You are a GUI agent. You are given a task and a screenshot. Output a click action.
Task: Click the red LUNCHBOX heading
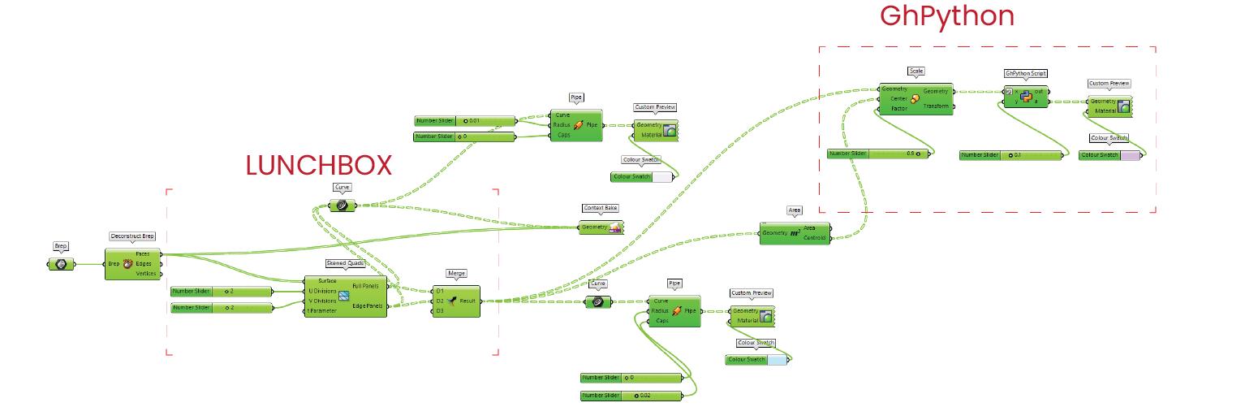coord(318,165)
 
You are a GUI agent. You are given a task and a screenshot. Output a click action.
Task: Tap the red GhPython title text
coord(947,15)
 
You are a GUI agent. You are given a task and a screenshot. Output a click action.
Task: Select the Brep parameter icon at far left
coord(60,264)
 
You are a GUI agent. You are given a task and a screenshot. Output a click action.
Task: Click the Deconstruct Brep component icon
coord(127,264)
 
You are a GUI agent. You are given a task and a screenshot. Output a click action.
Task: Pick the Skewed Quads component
coord(344,296)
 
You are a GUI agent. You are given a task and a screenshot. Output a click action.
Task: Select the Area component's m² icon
coord(795,233)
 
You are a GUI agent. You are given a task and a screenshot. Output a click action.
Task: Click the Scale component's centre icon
coord(915,99)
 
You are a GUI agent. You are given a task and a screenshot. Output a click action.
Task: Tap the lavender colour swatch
coord(1130,155)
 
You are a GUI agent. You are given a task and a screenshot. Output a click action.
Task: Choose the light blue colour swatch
coord(777,359)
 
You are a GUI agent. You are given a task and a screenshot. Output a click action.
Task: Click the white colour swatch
coord(662,177)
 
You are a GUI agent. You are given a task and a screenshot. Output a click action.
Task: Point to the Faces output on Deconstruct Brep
coord(142,254)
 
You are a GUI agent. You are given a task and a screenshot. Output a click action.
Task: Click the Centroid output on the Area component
coord(815,238)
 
